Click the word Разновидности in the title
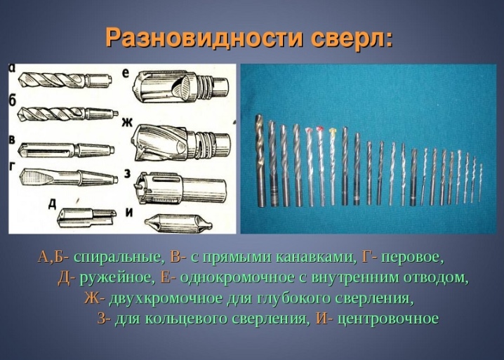tap(204, 38)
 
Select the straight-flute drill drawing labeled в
tap(66, 149)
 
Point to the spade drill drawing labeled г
tap(68, 176)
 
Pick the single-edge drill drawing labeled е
tap(181, 87)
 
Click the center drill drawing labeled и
tap(179, 222)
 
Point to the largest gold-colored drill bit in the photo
tap(260, 161)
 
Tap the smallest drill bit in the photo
tap(481, 182)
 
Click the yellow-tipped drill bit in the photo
tap(332, 166)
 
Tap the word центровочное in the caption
tap(388, 319)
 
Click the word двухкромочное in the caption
tap(166, 298)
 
